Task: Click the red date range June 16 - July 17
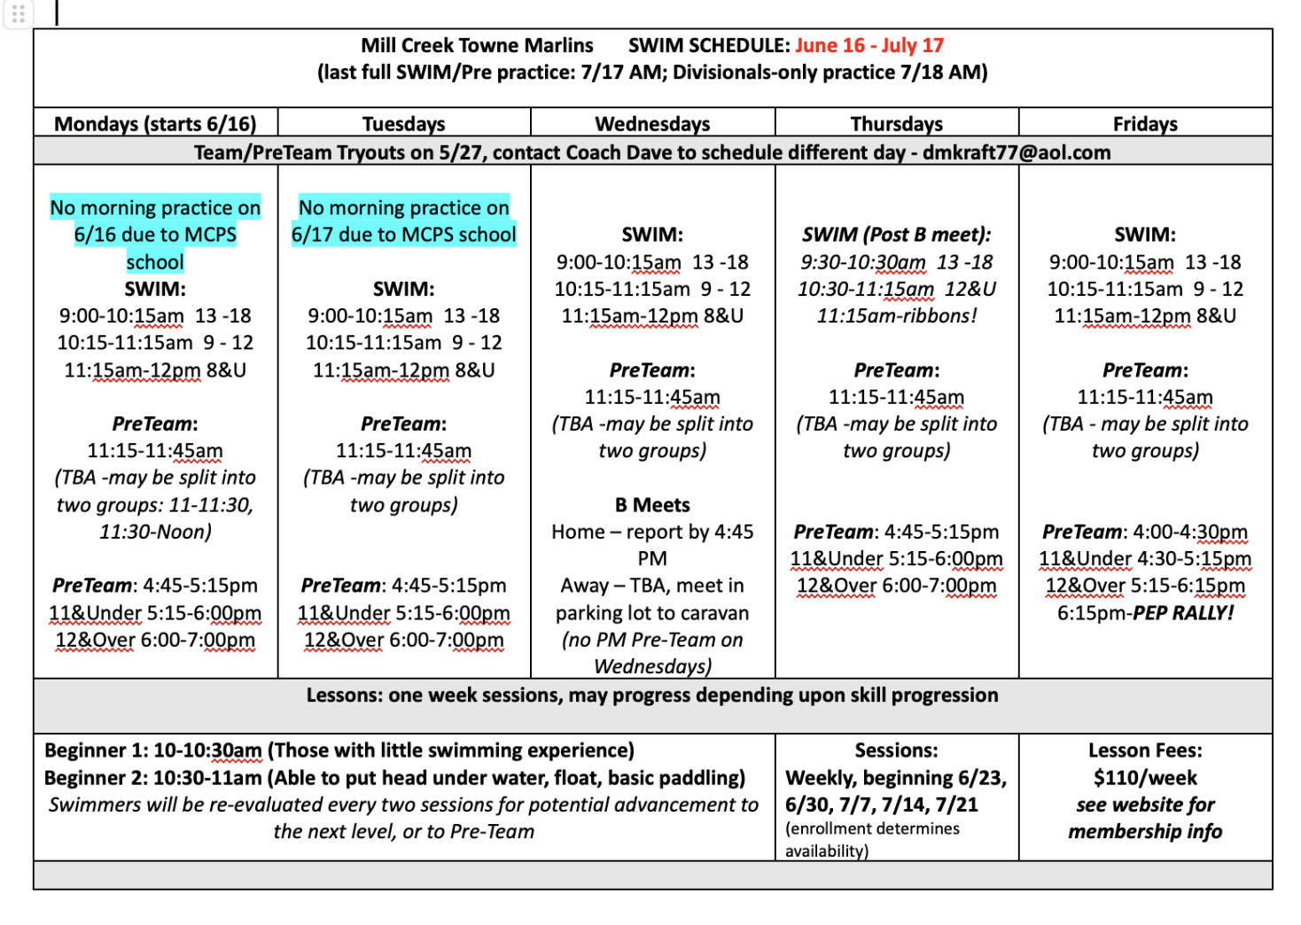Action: (869, 45)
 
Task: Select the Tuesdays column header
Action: (403, 124)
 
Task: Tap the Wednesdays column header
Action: (652, 124)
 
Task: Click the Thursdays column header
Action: (896, 124)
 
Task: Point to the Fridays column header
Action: (1145, 124)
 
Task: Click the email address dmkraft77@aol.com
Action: (1016, 152)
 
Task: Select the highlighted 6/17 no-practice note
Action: (403, 221)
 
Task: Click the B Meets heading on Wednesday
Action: (652, 505)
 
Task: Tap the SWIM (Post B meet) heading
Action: (896, 235)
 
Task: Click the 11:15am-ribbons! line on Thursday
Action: (896, 315)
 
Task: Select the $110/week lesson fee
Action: (1145, 778)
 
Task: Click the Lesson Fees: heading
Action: (1145, 750)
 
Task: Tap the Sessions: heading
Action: (896, 750)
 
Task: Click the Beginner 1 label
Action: (96, 750)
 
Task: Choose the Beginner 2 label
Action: (96, 778)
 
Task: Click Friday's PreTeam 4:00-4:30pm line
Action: (1145, 532)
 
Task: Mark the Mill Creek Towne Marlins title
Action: (477, 45)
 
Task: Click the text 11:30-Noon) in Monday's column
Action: (155, 532)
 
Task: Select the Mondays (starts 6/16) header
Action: (155, 124)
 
